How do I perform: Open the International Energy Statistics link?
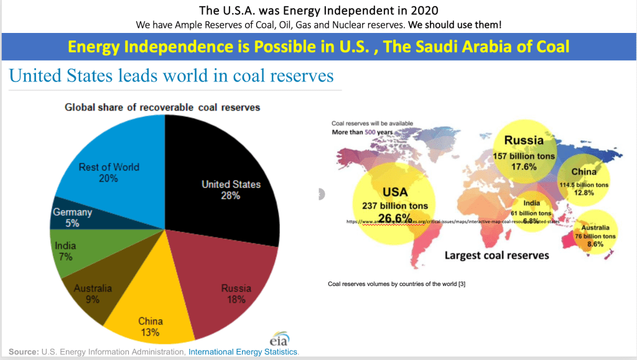tap(243, 352)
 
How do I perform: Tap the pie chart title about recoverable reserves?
tap(162, 108)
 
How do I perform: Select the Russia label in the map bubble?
tap(524, 141)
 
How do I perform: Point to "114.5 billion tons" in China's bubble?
tap(584, 185)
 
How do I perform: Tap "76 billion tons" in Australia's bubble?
tap(595, 236)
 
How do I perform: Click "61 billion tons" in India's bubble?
tap(531, 213)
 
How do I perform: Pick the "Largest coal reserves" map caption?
tap(496, 256)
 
